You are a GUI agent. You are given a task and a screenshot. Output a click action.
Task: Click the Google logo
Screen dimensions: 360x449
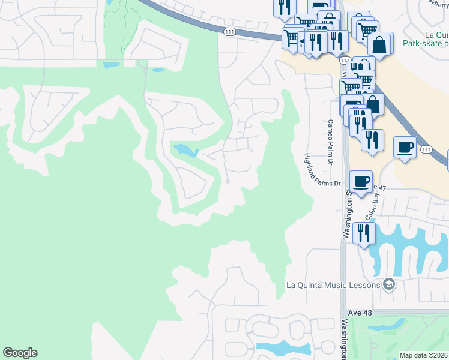point(20,353)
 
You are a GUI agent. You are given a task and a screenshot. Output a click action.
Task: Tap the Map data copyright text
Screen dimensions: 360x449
point(424,355)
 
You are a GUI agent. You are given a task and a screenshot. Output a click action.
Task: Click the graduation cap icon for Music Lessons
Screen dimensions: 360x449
point(388,284)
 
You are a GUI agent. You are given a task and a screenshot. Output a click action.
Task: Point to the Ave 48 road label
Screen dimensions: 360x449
point(360,313)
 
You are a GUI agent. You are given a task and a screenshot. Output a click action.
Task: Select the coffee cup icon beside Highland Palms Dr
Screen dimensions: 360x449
point(361,181)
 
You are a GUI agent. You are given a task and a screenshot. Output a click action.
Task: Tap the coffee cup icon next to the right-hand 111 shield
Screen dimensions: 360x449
point(405,147)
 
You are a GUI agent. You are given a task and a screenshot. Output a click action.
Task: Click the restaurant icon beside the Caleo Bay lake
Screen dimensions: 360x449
point(364,232)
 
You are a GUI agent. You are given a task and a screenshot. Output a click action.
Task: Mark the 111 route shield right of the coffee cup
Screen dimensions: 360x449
point(426,149)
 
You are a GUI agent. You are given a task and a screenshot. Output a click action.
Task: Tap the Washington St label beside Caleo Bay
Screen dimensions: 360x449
point(346,213)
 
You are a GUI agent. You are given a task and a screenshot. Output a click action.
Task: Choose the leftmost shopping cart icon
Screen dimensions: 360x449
point(292,38)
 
